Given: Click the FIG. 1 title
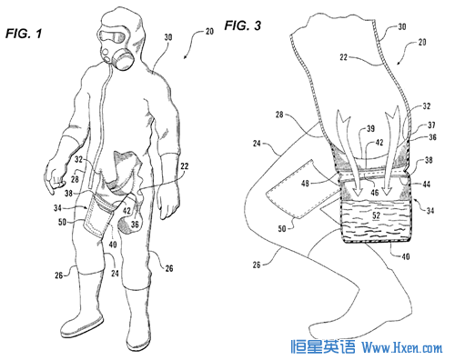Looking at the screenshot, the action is pos(24,34).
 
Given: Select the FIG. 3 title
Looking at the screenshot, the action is pos(243,25).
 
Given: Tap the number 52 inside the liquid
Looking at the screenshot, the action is pos(376,215).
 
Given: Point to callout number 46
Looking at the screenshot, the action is pos(375,192).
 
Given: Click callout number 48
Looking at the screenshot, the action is pos(305,184).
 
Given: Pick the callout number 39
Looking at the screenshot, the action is pos(370,129).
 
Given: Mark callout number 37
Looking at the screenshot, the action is pos(431,125).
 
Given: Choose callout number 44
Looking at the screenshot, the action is pos(426,184).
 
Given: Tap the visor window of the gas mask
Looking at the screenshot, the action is pos(112,37).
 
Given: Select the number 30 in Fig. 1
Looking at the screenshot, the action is pos(168,37).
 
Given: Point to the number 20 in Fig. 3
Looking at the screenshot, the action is pos(422,42).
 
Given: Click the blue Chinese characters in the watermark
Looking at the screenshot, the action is pos(322,346).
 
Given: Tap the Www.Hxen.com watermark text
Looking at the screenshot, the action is pos(402,347).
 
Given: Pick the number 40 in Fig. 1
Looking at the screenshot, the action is pos(113,245).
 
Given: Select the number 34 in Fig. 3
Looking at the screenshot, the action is pos(430,210).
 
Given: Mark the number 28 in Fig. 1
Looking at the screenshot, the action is pos(75,179).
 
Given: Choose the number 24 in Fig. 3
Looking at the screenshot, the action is pos(257,143).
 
